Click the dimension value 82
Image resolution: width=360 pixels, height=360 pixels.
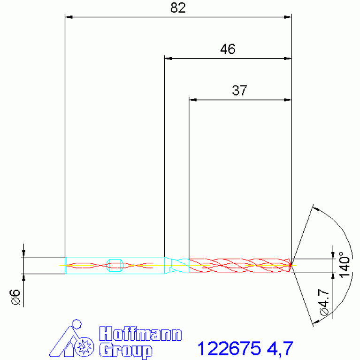point(178,8)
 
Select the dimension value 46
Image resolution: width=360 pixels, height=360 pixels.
point(228,49)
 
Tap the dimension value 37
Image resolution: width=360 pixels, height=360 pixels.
point(239,91)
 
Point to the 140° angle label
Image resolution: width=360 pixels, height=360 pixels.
point(345,265)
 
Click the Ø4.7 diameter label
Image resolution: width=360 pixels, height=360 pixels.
point(324,302)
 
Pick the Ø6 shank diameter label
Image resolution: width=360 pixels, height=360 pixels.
point(15,297)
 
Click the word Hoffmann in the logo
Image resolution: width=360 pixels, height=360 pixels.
point(140,334)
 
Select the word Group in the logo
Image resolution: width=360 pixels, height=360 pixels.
point(126,351)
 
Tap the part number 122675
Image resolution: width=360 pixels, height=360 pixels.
point(229,348)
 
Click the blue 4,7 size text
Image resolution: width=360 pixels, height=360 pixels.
point(280,349)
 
